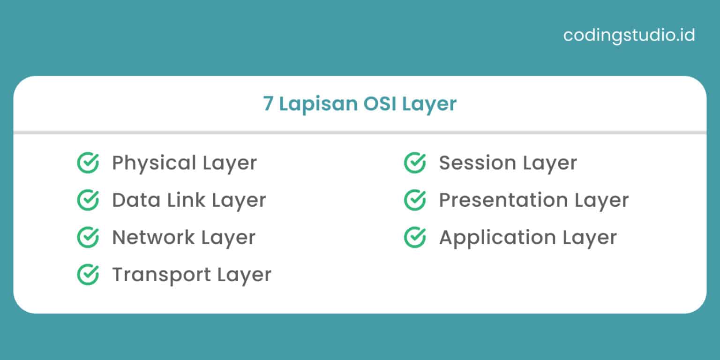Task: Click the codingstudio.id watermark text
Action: (629, 36)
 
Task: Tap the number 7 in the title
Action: (268, 104)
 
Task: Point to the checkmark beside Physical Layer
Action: (88, 163)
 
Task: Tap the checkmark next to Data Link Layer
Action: (88, 200)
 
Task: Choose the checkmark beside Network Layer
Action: (88, 237)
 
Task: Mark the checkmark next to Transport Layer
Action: (88, 275)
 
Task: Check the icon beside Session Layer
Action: (415, 163)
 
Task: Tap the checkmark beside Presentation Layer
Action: (415, 200)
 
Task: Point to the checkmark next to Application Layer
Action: (415, 237)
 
